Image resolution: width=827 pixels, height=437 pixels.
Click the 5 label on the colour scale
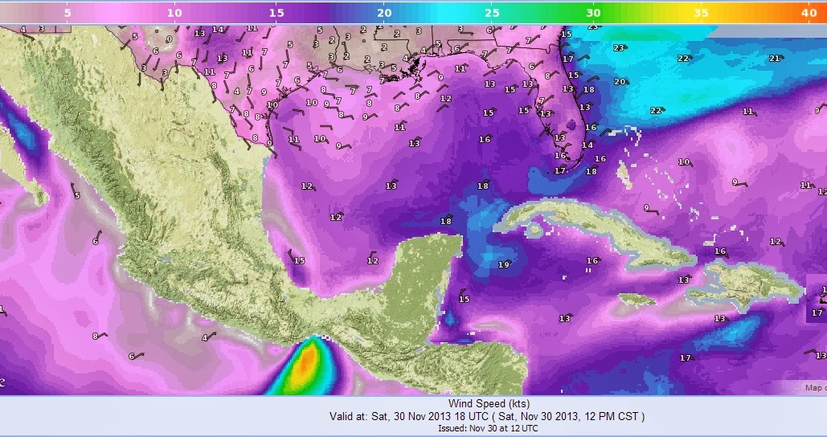coord(67,13)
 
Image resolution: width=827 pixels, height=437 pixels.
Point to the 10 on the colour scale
coord(174,13)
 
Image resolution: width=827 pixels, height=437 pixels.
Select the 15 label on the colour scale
coord(277,13)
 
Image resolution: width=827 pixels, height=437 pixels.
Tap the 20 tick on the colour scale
coord(384,13)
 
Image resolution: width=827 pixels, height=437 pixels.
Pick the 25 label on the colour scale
coord(492,13)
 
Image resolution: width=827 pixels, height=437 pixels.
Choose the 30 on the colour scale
coord(593,13)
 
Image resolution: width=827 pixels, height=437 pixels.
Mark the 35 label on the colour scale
coord(701,13)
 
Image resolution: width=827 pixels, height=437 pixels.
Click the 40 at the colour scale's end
coord(809,13)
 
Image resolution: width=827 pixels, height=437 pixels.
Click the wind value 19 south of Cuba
coord(504,264)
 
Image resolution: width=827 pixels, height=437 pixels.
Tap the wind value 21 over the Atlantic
coord(775,58)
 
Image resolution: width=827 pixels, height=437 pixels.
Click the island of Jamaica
coord(635,298)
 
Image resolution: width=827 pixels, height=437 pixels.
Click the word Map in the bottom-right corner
coord(815,388)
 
